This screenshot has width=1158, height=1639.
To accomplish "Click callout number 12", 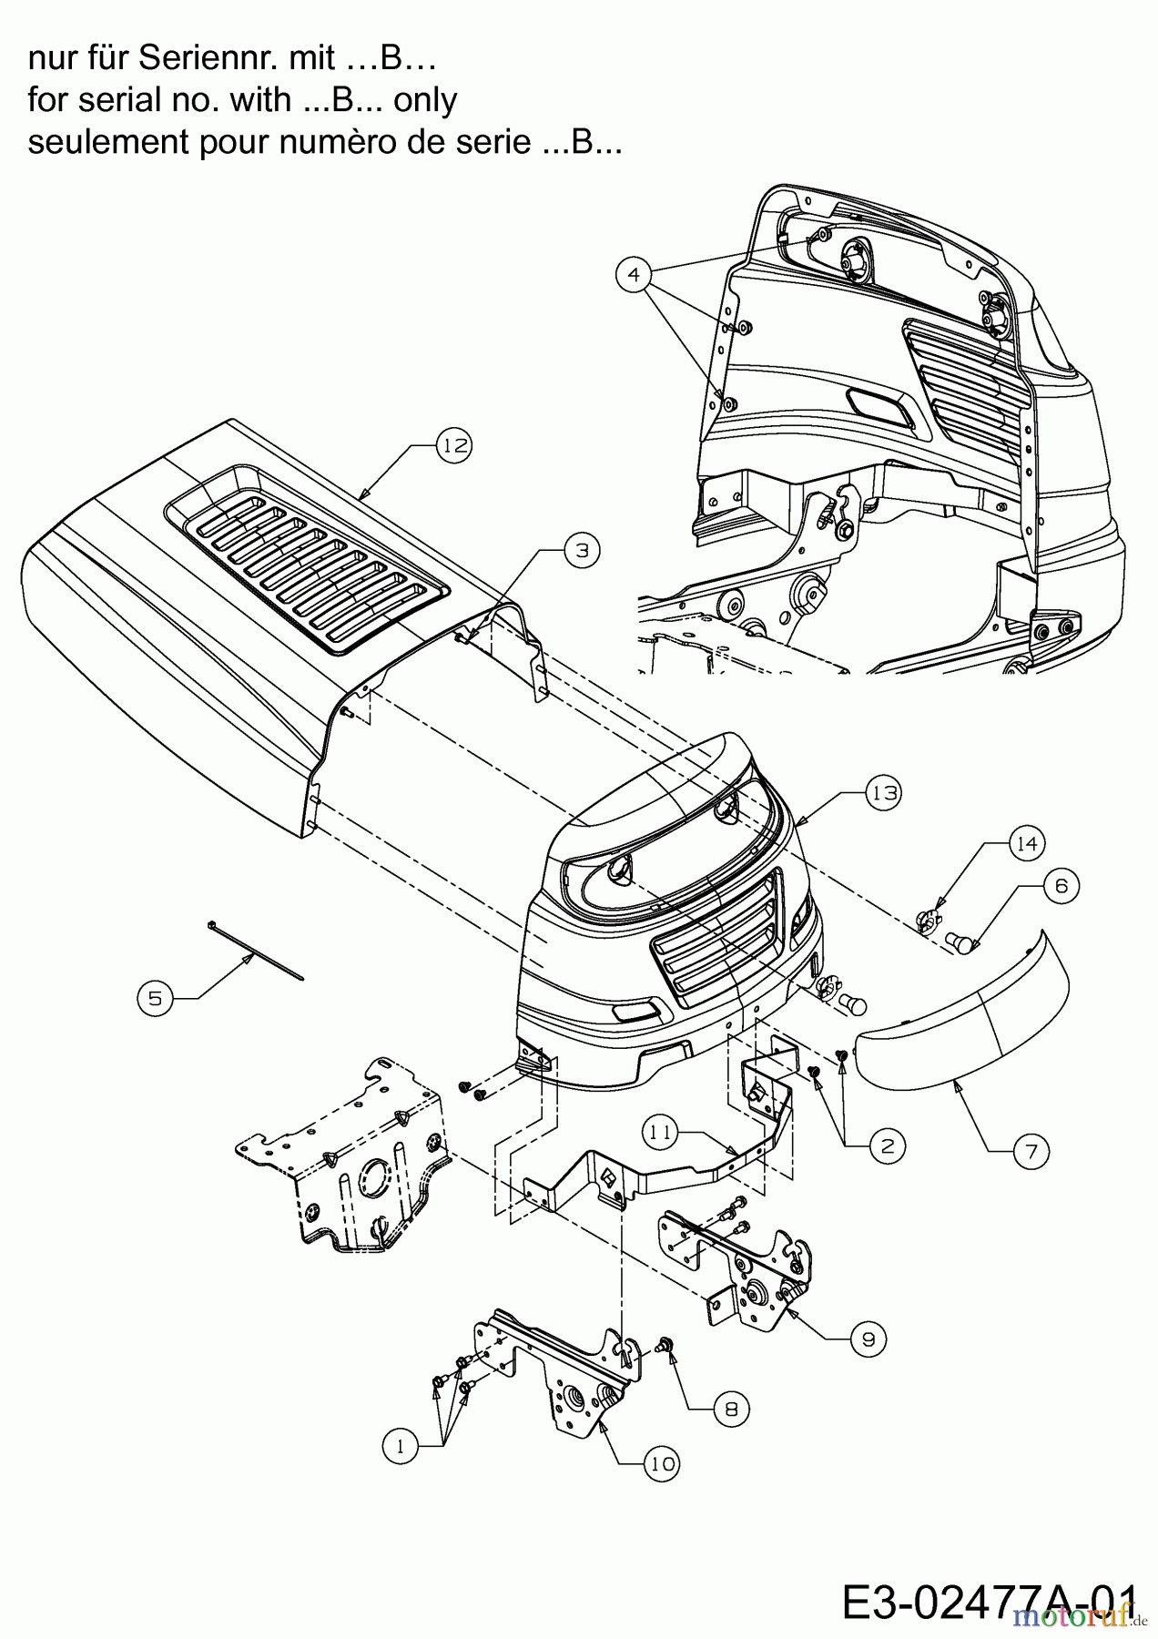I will coord(455,445).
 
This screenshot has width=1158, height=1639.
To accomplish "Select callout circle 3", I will coord(583,550).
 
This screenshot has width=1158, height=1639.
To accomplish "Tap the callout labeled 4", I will coord(635,273).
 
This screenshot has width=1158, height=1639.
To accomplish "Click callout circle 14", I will coord(1026,843).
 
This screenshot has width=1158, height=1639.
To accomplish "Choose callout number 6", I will coord(1061,885).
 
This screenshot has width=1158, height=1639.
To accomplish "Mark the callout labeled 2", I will coord(887,1146).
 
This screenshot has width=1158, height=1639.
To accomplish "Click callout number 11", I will coord(662,1133).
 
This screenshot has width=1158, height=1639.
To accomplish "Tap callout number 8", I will coord(730,1410).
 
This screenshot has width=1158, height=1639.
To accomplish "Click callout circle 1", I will coord(400,1446).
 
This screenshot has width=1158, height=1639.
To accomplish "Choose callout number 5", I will coord(156,999).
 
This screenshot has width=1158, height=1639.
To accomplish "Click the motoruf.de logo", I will coord(1079,1616).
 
